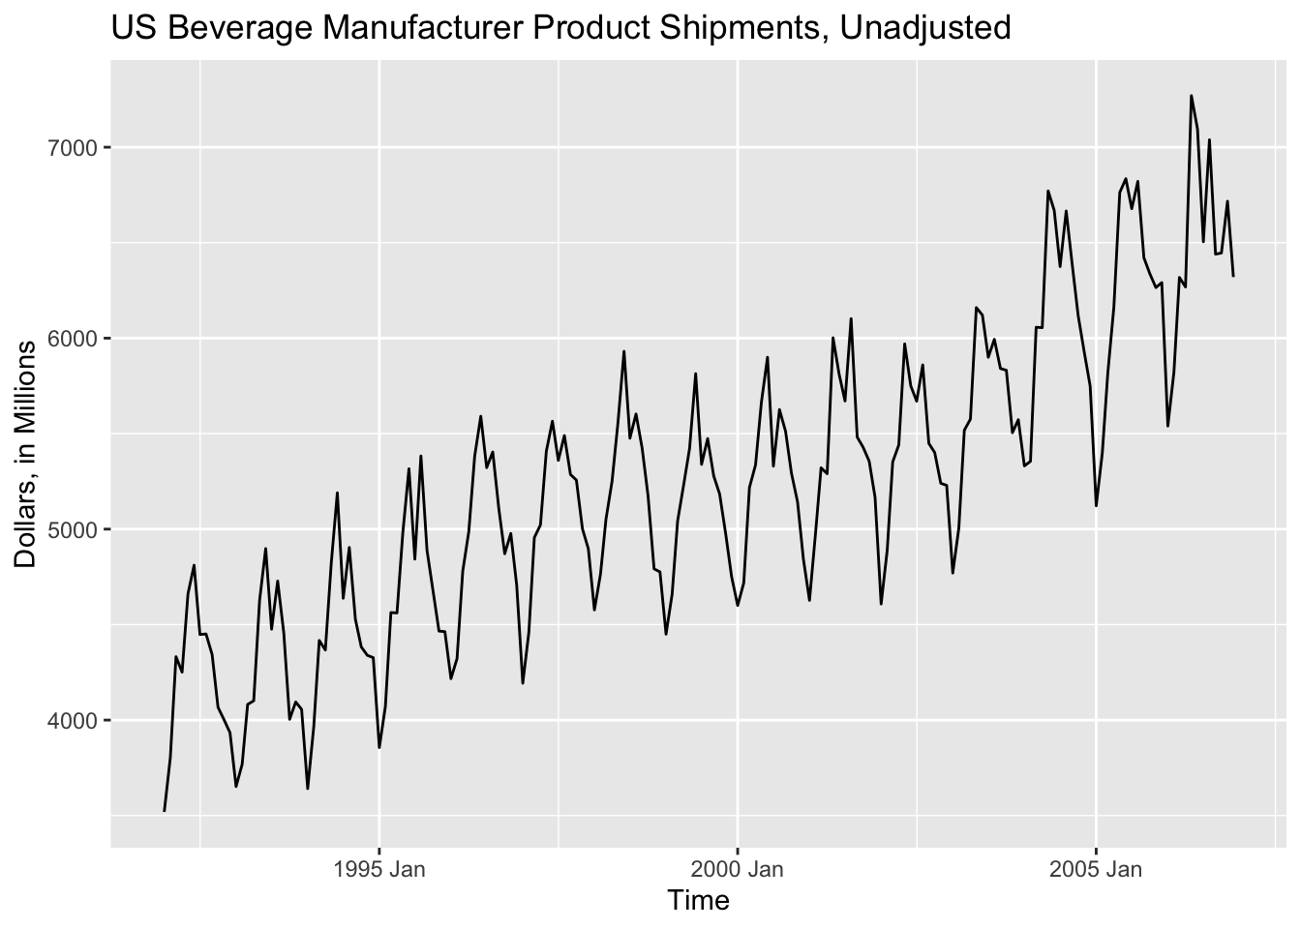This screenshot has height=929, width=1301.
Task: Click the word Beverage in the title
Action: point(233,28)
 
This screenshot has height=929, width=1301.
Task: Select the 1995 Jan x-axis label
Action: point(378,869)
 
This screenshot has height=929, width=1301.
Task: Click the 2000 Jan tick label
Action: point(737,869)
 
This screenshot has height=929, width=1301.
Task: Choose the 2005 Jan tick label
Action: point(1096,869)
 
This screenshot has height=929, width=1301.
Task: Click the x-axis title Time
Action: point(698,902)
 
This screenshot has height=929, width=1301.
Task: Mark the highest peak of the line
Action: point(1191,95)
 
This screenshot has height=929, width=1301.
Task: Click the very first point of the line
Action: point(165,811)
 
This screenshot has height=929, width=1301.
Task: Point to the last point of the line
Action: point(1233,277)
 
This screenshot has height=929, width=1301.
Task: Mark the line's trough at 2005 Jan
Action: point(1096,506)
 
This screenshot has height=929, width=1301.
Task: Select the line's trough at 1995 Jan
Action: point(379,748)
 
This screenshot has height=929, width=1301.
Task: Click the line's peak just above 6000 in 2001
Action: point(851,318)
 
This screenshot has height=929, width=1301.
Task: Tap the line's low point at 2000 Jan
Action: point(738,606)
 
